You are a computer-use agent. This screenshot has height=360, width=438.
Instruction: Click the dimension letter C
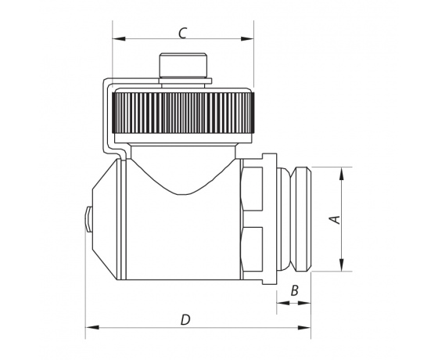pyautogui.click(x=182, y=33)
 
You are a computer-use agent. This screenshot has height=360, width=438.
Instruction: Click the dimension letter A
pyautogui.click(x=336, y=219)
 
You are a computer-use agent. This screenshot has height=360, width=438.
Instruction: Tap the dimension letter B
pyautogui.click(x=294, y=290)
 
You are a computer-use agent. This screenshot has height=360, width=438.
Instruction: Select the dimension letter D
pyautogui.click(x=185, y=320)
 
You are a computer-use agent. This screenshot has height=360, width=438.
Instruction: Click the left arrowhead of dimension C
pyautogui.click(x=119, y=38)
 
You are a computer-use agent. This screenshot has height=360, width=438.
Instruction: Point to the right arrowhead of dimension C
pyautogui.click(x=247, y=38)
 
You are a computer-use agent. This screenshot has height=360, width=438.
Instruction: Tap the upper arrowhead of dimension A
pyautogui.click(x=341, y=174)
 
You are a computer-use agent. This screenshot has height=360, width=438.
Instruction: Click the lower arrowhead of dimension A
pyautogui.click(x=341, y=265)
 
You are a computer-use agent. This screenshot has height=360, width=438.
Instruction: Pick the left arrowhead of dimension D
pyautogui.click(x=92, y=327)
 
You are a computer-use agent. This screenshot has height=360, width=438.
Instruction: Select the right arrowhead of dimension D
pyautogui.click(x=304, y=327)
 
